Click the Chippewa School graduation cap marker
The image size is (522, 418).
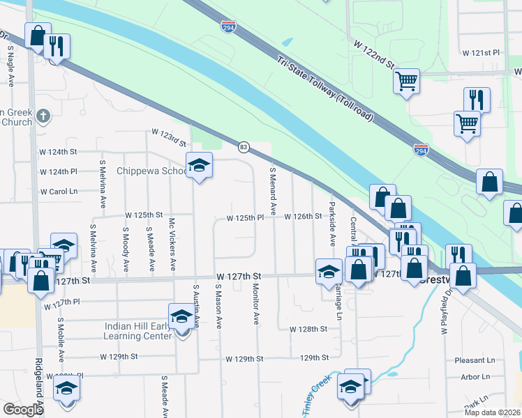coord(200,167)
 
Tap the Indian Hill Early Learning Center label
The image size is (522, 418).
coord(138,330)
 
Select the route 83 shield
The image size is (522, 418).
coord(244,147)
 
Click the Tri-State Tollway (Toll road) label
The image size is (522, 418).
coord(325,89)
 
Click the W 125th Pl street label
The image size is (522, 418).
coord(244,218)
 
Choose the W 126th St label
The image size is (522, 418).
coord(302,217)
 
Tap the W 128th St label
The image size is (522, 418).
coord(308,328)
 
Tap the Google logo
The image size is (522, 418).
coord(23,410)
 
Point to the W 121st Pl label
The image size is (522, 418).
coord(482,53)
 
